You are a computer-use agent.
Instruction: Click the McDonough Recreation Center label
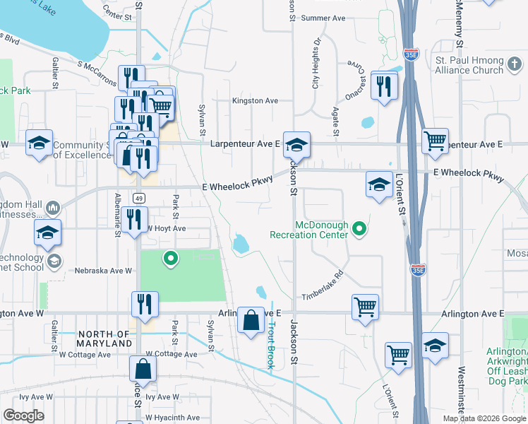tap(312, 229)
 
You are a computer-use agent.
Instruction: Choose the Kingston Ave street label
tap(256, 101)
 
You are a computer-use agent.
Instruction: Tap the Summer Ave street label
tap(323, 18)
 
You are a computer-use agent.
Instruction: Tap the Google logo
tap(23, 416)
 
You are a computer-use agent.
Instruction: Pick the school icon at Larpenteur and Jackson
tap(297, 143)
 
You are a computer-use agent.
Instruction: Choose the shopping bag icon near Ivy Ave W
tap(143, 368)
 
